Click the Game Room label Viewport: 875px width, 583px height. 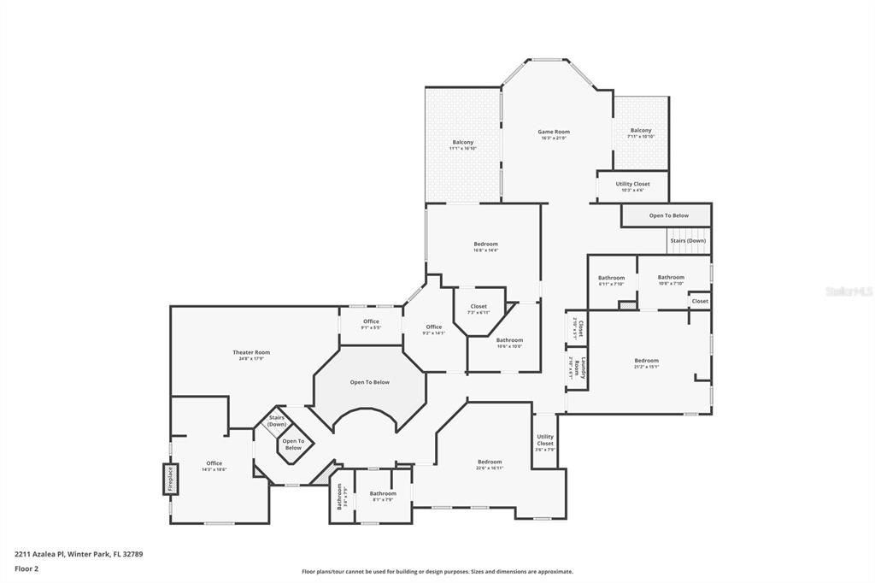[x=554, y=132]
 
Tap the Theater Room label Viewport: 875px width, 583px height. [x=251, y=352]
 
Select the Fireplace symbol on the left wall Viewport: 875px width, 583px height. [x=170, y=479]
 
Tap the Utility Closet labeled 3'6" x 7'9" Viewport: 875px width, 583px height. [x=545, y=440]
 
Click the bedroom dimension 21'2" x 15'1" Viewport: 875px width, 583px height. [x=646, y=367]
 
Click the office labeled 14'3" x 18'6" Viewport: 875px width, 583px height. [x=214, y=466]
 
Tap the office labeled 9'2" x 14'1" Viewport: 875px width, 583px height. [x=434, y=329]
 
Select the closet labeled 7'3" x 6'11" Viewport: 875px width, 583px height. [x=479, y=309]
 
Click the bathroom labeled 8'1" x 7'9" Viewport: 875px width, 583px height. [x=383, y=496]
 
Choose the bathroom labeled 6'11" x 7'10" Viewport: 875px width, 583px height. [x=611, y=280]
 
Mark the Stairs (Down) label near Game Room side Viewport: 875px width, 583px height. [x=688, y=241]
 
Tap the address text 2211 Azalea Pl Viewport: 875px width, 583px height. [x=44, y=554]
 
